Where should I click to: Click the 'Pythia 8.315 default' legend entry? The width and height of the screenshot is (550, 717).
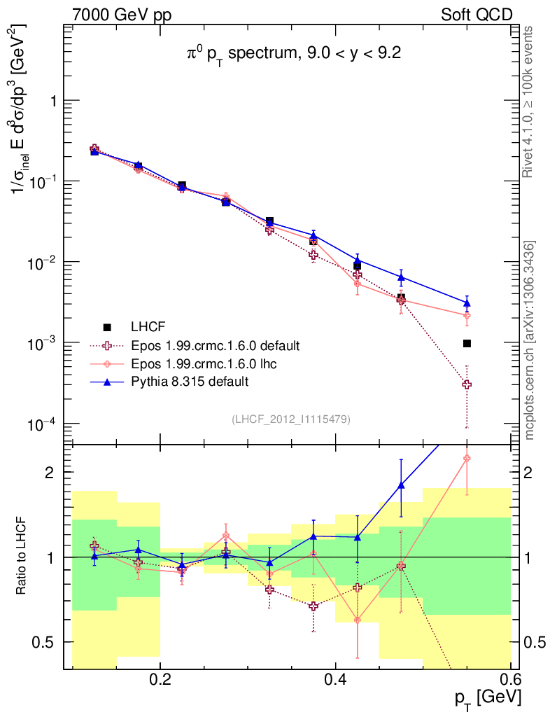coord(190,382)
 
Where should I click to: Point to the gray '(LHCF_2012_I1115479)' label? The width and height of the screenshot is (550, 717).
coord(291,419)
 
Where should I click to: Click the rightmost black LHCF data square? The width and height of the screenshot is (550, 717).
coord(467,343)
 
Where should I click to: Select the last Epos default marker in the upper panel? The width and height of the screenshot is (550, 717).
coord(467,384)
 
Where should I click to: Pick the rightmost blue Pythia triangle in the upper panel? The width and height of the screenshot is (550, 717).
coord(467,303)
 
